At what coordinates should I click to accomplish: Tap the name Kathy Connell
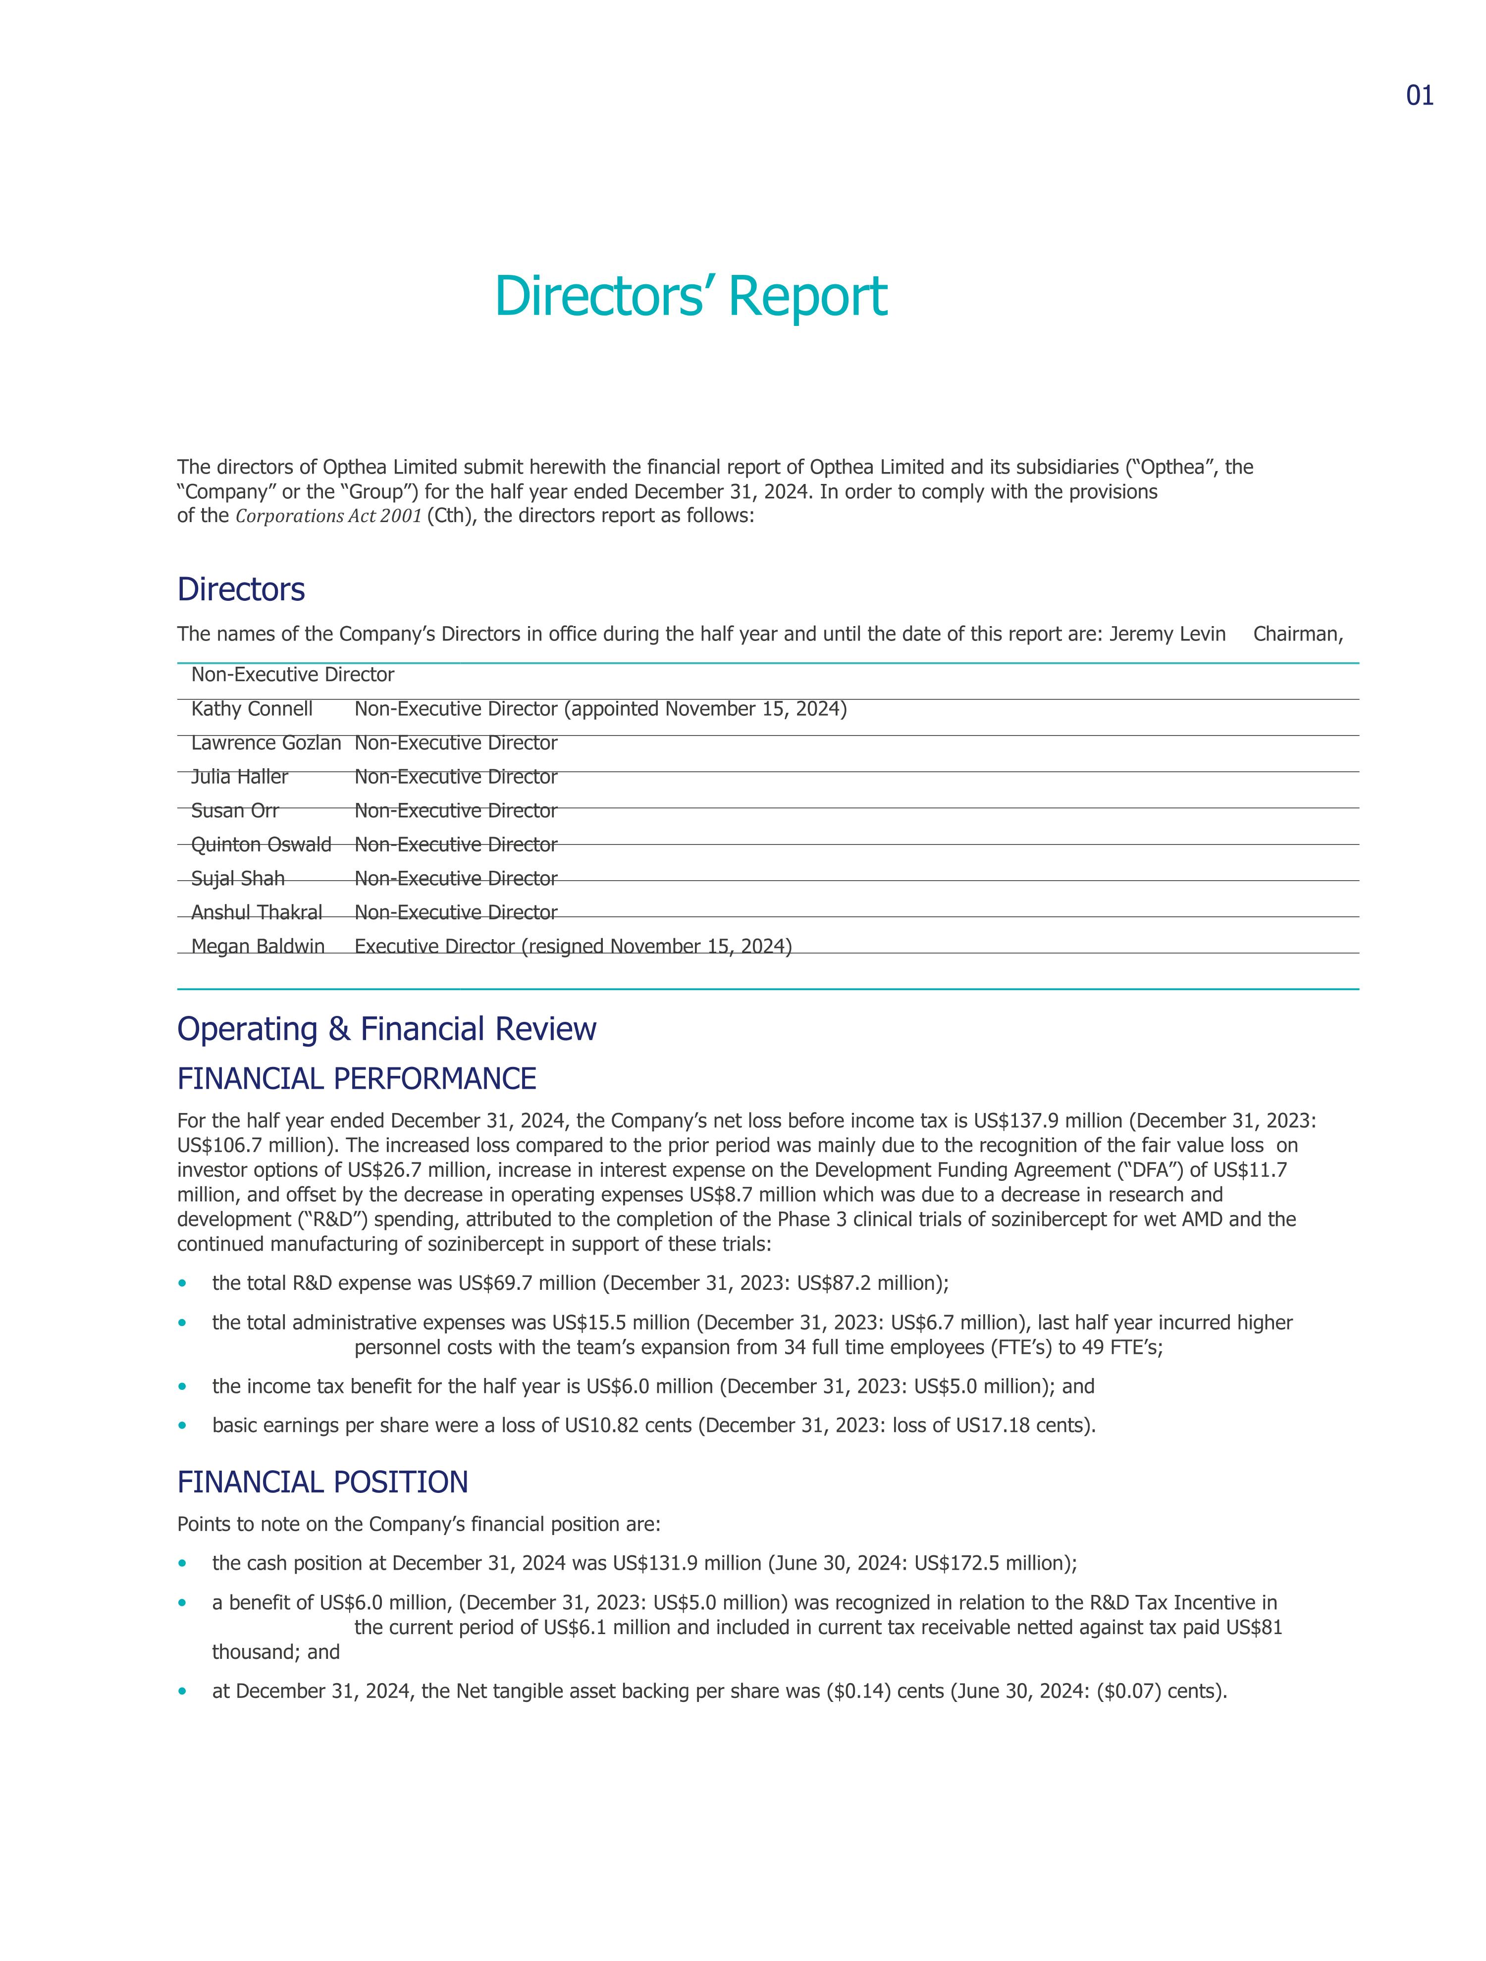click(252, 709)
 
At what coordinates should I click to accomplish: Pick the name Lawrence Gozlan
click(266, 743)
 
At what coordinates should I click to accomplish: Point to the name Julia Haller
click(239, 777)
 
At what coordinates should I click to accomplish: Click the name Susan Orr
click(235, 810)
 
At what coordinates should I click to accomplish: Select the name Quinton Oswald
click(262, 845)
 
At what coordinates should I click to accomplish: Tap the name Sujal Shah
click(238, 879)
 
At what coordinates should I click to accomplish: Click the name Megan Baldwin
click(258, 947)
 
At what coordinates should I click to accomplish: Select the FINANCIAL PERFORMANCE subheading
click(357, 1079)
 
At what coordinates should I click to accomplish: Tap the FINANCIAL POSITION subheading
click(323, 1483)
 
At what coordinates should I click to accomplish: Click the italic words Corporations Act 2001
click(328, 516)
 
